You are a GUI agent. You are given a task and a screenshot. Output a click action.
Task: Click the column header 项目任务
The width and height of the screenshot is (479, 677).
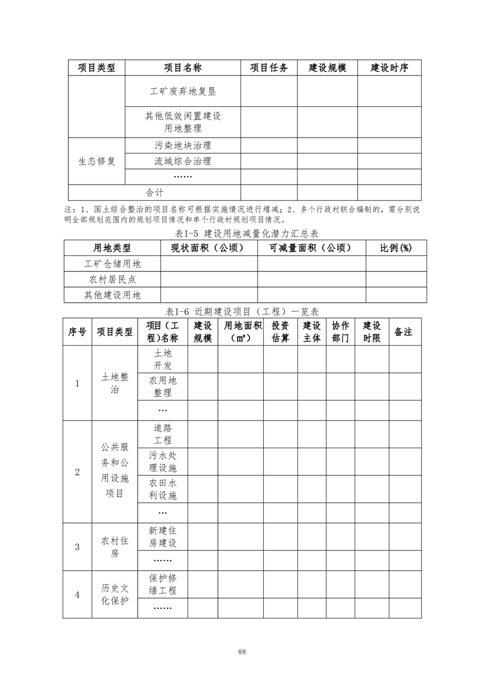268,68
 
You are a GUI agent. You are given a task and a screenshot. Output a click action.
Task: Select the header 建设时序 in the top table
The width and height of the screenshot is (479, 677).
389,68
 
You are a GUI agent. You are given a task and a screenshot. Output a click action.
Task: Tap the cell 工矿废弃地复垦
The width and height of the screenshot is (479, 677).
183,92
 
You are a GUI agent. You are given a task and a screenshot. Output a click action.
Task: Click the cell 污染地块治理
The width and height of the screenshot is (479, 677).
183,145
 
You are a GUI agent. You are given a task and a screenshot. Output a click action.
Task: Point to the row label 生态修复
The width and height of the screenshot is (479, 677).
97,161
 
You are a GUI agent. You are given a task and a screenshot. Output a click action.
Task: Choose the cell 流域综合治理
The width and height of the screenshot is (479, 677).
183,161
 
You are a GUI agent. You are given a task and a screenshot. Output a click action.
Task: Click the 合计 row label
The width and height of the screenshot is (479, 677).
154,192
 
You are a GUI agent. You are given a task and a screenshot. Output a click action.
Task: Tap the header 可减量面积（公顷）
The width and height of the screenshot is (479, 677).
311,248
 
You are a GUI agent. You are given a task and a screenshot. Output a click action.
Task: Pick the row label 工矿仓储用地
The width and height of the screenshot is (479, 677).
112,264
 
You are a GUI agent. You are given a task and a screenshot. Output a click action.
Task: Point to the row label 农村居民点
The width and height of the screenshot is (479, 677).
112,279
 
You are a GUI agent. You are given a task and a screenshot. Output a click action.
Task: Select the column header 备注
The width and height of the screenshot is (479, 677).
403,332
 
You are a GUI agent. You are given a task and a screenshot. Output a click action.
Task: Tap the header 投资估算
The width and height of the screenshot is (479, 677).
280,331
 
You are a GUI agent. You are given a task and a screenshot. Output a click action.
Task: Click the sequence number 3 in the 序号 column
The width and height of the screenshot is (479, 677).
77,547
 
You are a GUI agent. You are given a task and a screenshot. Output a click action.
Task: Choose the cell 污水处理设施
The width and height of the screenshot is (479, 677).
162,462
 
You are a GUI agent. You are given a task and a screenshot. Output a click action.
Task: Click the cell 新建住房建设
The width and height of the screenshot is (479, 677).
162,536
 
